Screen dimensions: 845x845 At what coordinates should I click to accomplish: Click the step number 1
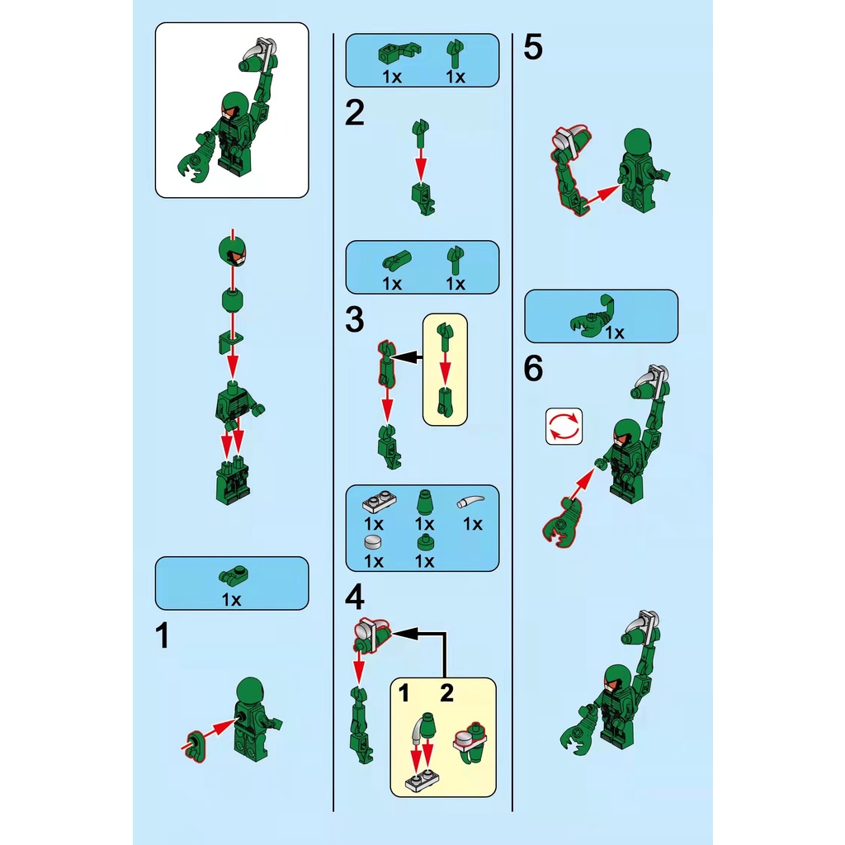pyautogui.click(x=162, y=635)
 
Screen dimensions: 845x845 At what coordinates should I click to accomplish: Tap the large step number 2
pyautogui.click(x=355, y=112)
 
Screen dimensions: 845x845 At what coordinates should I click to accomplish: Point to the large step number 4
pyautogui.click(x=355, y=597)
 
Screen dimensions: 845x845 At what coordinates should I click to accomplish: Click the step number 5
pyautogui.click(x=533, y=47)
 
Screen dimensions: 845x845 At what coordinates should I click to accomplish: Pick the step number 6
pyautogui.click(x=533, y=369)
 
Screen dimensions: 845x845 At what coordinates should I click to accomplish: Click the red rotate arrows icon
pyautogui.click(x=564, y=427)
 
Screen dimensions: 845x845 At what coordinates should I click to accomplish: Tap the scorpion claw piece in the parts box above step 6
pyautogui.click(x=591, y=317)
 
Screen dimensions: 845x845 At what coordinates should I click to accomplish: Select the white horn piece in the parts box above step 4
pyautogui.click(x=470, y=502)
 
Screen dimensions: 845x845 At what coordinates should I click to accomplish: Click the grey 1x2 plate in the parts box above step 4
pyautogui.click(x=380, y=502)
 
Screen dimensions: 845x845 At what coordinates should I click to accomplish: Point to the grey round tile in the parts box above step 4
pyautogui.click(x=373, y=542)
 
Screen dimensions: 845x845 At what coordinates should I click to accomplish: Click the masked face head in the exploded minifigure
pyautogui.click(x=232, y=251)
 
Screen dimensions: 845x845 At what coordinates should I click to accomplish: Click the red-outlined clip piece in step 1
pyautogui.click(x=195, y=746)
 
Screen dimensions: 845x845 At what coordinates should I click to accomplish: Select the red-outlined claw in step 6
pyautogui.click(x=562, y=522)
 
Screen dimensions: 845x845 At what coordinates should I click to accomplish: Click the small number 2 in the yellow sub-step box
pyautogui.click(x=446, y=693)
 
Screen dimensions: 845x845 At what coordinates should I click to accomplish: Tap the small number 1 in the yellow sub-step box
pyautogui.click(x=404, y=693)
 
